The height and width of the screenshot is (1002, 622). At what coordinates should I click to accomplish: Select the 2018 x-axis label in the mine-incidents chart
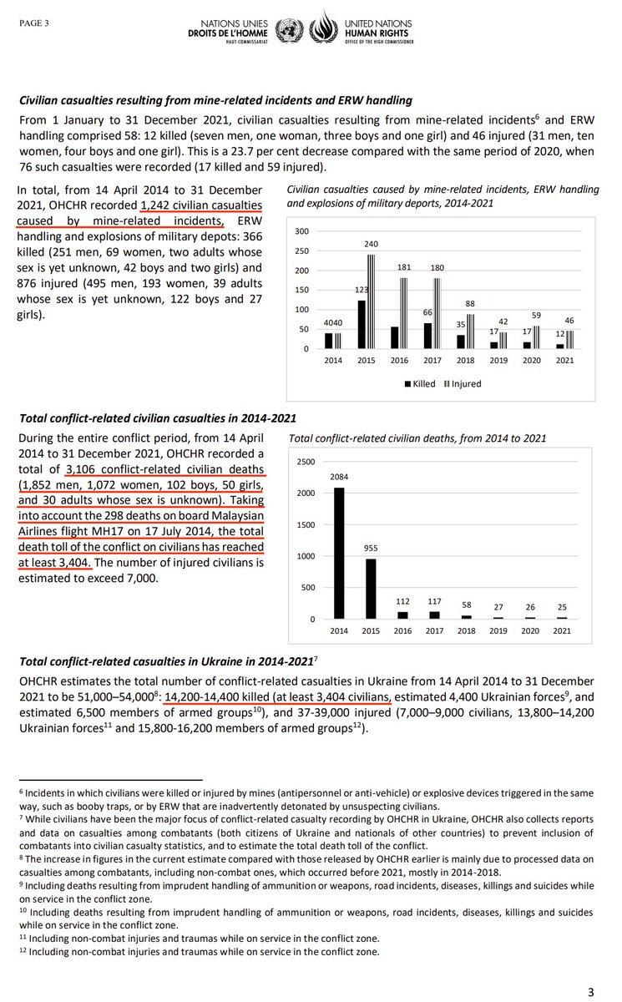point(466,361)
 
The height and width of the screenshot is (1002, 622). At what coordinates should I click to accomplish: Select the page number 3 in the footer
point(591,991)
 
